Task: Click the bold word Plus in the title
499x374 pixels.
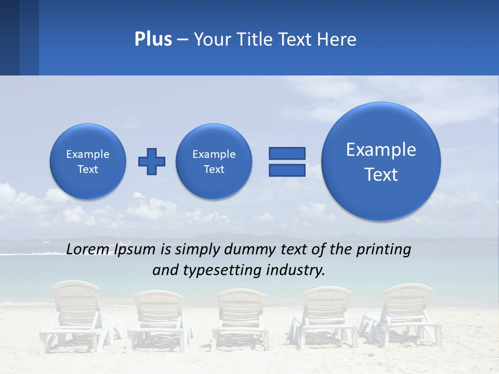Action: coord(153,39)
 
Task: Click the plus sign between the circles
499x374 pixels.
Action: coord(152,162)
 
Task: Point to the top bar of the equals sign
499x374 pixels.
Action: coord(287,153)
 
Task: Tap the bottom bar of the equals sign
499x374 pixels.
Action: coord(287,170)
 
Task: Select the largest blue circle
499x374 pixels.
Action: coord(381,161)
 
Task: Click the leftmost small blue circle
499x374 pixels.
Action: coord(88,162)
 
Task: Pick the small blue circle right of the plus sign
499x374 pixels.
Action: coord(214,162)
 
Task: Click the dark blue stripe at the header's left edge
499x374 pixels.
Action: coord(9,37)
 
